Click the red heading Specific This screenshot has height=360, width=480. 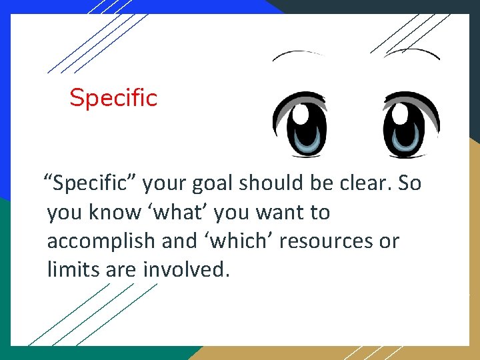click(x=113, y=98)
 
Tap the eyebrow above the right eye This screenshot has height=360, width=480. click(x=412, y=52)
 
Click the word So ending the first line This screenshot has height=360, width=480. click(x=409, y=183)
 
